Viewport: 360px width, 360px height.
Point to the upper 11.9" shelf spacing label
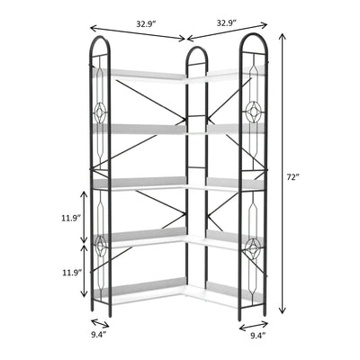coord(71,218)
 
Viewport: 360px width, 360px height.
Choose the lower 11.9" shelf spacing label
coord(71,272)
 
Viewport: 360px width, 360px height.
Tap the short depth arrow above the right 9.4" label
coord(255,321)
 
